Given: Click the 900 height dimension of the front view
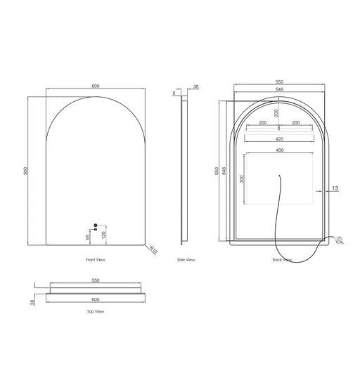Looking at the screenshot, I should pyautogui.click(x=25, y=171).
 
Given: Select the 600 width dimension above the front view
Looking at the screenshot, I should pyautogui.click(x=95, y=86).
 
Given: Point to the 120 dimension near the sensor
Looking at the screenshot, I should pyautogui.click(x=104, y=233).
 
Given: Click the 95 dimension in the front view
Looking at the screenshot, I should pyautogui.click(x=89, y=237).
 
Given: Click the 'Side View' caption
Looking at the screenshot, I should pyautogui.click(x=186, y=260).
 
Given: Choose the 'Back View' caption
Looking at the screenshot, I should pyautogui.click(x=282, y=260).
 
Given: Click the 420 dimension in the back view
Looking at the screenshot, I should pyautogui.click(x=279, y=139).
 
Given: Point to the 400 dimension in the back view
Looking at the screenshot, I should pyautogui.click(x=279, y=150).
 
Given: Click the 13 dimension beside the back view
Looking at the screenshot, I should pyautogui.click(x=335, y=188).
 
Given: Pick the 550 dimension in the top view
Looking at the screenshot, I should pyautogui.click(x=95, y=280).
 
